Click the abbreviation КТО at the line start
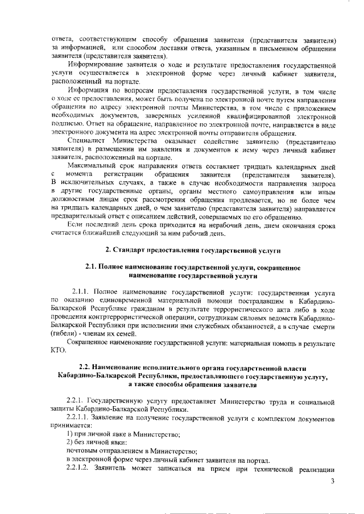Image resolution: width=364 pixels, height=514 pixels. point(58,350)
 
